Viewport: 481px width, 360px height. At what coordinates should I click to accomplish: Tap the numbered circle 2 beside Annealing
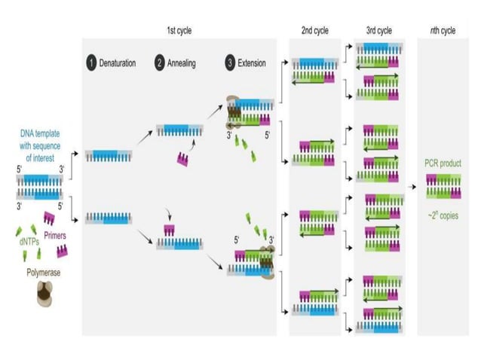click(159, 63)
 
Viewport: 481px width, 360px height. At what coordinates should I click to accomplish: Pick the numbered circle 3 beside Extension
click(229, 63)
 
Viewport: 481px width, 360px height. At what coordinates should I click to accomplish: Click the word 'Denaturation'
click(118, 63)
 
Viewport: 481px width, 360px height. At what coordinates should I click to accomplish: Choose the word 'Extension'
click(252, 63)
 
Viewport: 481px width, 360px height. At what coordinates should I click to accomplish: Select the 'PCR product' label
click(443, 163)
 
